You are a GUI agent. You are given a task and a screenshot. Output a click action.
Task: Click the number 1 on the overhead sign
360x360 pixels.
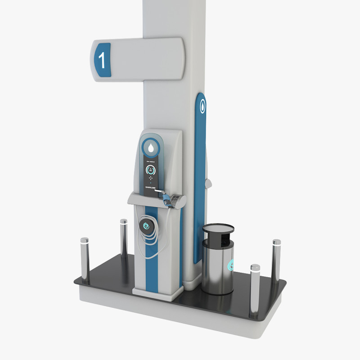point(102,60)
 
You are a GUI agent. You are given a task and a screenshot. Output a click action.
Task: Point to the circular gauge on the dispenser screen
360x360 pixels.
point(151,170)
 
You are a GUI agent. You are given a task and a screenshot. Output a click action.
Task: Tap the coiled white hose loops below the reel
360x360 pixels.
point(151,245)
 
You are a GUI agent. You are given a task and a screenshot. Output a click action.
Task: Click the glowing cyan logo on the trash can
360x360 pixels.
point(231,265)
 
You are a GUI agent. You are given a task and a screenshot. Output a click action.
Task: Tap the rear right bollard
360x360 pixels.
point(276,261)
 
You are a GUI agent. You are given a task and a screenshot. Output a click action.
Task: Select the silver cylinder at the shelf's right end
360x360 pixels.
point(181,201)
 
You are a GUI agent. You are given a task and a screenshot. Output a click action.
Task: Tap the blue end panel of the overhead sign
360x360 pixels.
point(102,60)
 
